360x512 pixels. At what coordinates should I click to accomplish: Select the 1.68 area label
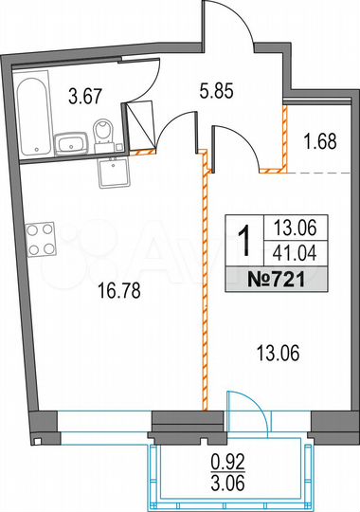[x=319, y=143]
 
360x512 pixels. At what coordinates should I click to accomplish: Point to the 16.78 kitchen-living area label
[x=117, y=292]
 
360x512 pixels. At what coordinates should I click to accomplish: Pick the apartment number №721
[x=282, y=279]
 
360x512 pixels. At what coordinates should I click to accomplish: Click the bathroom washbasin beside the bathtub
[x=71, y=144]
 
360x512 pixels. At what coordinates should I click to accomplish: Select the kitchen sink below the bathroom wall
[x=116, y=174]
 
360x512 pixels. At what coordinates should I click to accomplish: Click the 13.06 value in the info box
[x=295, y=229]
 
